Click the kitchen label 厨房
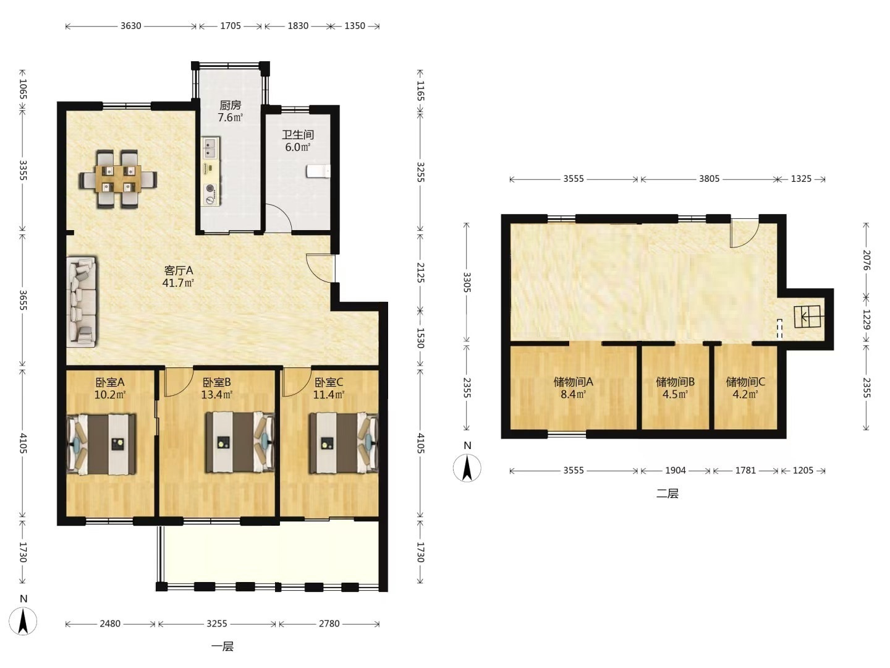[231, 105]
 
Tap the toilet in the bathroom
[318, 171]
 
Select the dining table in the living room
[118, 179]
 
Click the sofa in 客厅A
[82, 302]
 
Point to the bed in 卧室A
[101, 443]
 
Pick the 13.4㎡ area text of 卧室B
[217, 395]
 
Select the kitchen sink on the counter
[210, 148]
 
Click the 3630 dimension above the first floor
[130, 26]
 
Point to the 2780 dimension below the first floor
[329, 623]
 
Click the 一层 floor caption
[222, 646]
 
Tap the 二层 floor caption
[667, 494]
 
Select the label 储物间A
[574, 382]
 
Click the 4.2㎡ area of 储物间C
[745, 394]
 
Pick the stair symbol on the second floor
[807, 316]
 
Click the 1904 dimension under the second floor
[676, 471]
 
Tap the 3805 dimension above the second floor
[709, 179]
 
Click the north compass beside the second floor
[467, 468]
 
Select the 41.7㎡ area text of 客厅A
[178, 283]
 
